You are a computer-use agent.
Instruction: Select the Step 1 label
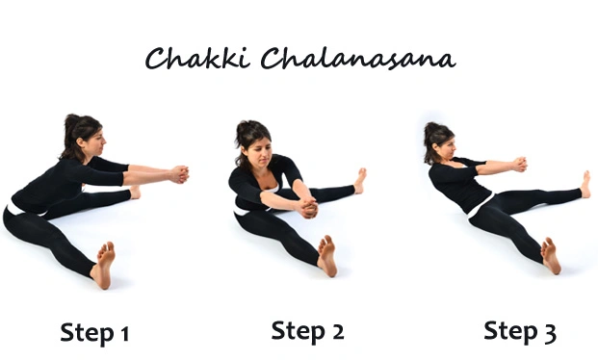[x=94, y=333]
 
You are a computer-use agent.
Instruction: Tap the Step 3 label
[x=519, y=332]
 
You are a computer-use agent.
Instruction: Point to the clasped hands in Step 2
[x=305, y=207]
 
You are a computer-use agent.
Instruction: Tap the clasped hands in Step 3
[x=519, y=165]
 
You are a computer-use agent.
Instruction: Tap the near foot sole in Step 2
[x=327, y=255]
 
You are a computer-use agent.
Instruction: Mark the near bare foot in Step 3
[x=551, y=255]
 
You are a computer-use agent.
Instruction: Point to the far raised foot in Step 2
[x=359, y=180]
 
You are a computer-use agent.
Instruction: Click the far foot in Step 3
[x=585, y=183]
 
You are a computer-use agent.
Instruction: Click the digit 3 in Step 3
[x=548, y=333]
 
